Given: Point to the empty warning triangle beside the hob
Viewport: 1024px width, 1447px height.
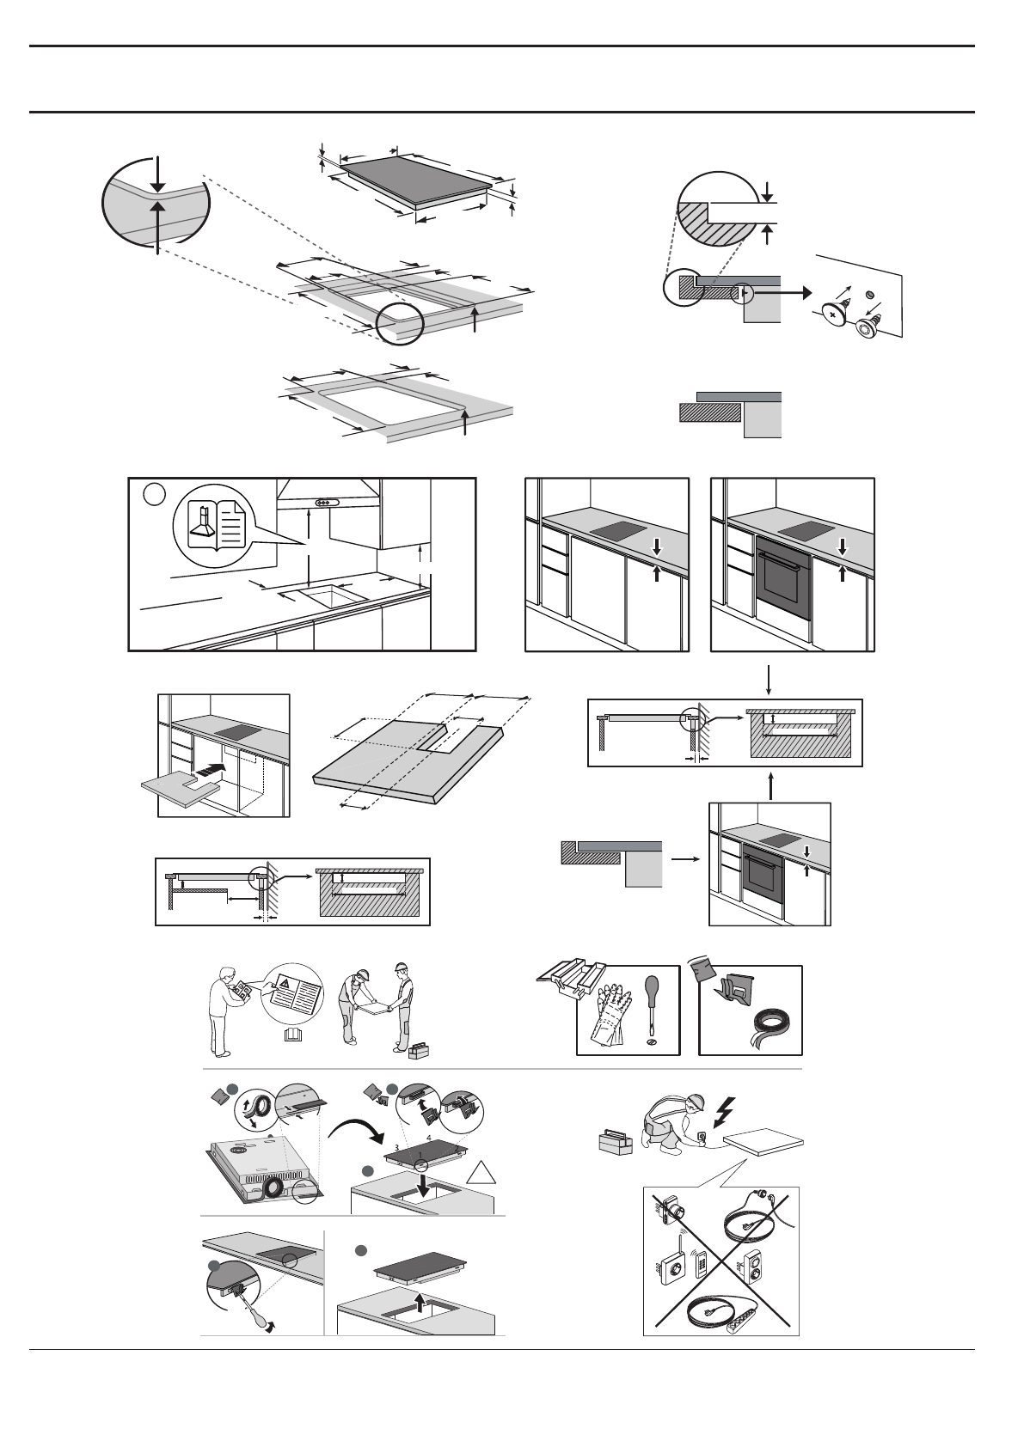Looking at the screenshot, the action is [481, 1175].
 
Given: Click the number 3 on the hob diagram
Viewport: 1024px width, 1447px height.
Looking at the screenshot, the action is [396, 1146].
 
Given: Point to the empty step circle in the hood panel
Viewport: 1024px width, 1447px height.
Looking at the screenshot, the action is [153, 494].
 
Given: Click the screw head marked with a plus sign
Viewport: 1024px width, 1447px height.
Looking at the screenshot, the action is [832, 314].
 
